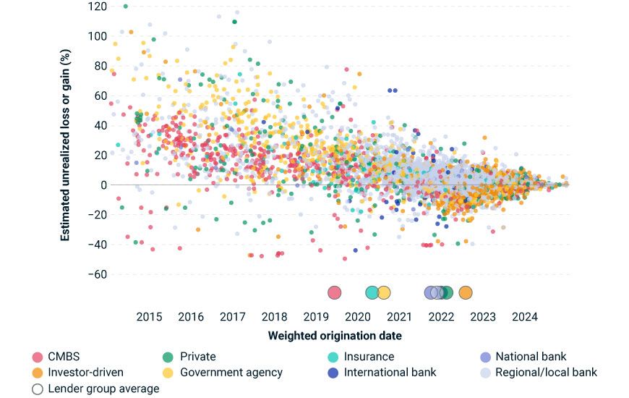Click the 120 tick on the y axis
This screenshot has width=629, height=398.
pos(98,6)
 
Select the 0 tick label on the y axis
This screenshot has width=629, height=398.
pos(103,185)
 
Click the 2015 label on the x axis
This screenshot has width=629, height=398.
pos(149,316)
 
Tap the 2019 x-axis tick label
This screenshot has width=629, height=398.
pos(316,316)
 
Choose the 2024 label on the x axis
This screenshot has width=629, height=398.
pos(524,316)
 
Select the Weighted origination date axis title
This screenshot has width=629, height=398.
pos(335,336)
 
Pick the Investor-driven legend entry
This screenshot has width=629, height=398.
pos(85,372)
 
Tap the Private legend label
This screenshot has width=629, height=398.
pos(197,356)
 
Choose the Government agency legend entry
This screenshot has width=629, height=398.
pos(231,372)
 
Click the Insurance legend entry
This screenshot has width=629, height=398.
pos(369,356)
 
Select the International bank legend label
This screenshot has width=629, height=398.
pos(390,372)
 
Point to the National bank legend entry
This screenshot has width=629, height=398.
pos(531,356)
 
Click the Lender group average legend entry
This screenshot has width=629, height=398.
pos(103,389)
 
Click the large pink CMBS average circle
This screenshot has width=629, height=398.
pos(334,292)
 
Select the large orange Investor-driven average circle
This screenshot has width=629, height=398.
pos(466,292)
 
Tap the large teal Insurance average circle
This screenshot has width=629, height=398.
pos(372,292)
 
